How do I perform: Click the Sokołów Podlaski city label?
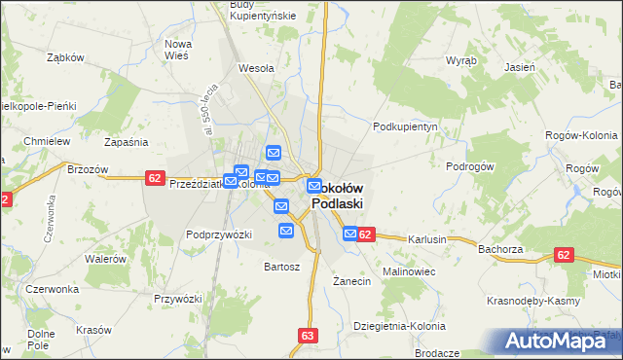(x=338, y=196)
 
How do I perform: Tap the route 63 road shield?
(x=309, y=336)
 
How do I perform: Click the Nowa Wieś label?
(x=177, y=50)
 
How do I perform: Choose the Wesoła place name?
(x=256, y=69)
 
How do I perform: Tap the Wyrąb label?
(x=460, y=59)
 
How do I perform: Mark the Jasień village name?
(x=520, y=67)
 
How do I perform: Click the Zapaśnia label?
(x=125, y=142)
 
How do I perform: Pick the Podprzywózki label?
(x=219, y=234)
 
